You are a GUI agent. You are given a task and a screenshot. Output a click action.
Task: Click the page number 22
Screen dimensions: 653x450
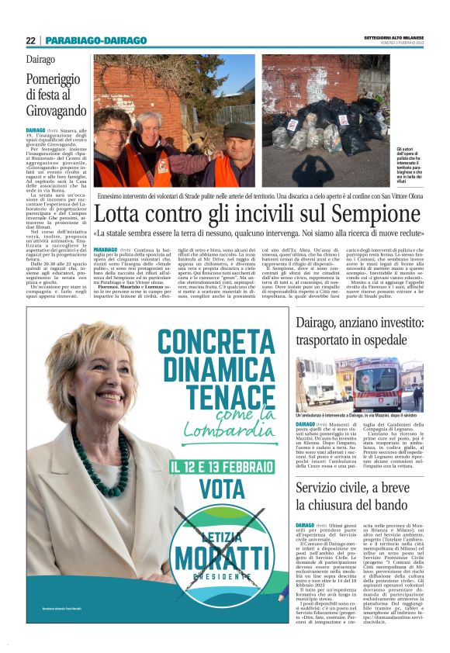(x=30, y=40)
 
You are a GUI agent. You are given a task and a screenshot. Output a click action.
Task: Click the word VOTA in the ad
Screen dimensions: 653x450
(x=221, y=489)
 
